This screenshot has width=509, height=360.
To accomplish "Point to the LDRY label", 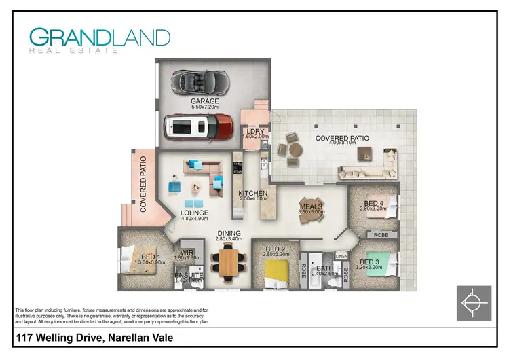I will [256, 131].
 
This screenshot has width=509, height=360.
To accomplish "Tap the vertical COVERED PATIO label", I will [143, 185].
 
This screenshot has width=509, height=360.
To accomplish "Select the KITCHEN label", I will [253, 194].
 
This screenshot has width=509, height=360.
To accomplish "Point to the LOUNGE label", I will [194, 213].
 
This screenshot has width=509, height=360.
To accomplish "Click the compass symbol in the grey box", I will [473, 302].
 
